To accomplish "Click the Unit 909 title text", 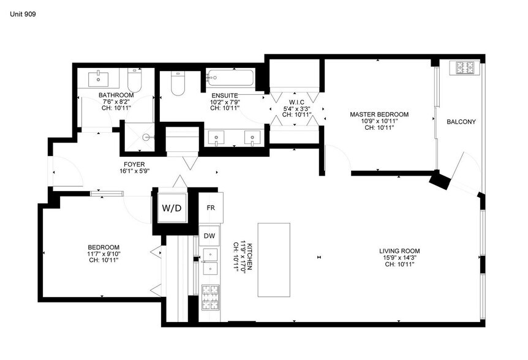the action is [x=23, y=14].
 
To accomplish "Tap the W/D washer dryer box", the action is [x=172, y=208].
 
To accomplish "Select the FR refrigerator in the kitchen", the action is [x=211, y=208].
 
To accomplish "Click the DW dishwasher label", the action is [x=209, y=236].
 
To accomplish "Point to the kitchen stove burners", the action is [x=211, y=297].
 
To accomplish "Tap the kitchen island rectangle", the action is [x=274, y=260].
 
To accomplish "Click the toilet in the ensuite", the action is [x=178, y=83].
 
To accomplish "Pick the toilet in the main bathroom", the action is [x=134, y=80].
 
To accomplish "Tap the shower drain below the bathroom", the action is [x=146, y=137].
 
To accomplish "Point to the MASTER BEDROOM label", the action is [x=379, y=114].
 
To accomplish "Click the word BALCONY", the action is [x=461, y=122].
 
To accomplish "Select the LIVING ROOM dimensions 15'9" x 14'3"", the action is [x=399, y=258].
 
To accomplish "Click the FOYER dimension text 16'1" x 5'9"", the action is [x=134, y=171].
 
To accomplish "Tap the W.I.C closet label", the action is [x=296, y=102].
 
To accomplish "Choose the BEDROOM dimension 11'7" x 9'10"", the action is [x=104, y=253].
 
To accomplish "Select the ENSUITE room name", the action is [x=225, y=96].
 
